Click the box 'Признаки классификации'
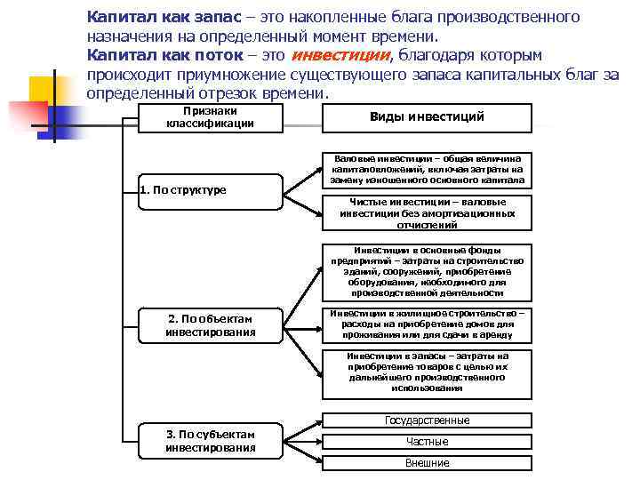click(210, 117)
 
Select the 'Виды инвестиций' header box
click(427, 117)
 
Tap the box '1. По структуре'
click(210, 189)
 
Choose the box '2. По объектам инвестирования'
click(210, 325)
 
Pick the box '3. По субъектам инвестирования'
click(210, 441)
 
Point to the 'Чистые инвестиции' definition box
click(427, 213)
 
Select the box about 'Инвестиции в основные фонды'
click(427, 271)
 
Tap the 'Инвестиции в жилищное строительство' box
click(427, 324)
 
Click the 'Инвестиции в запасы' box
click(427, 372)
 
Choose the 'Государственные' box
click(427, 420)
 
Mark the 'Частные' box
click(427, 442)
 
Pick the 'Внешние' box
click(427, 463)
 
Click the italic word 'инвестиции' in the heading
click(340, 55)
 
